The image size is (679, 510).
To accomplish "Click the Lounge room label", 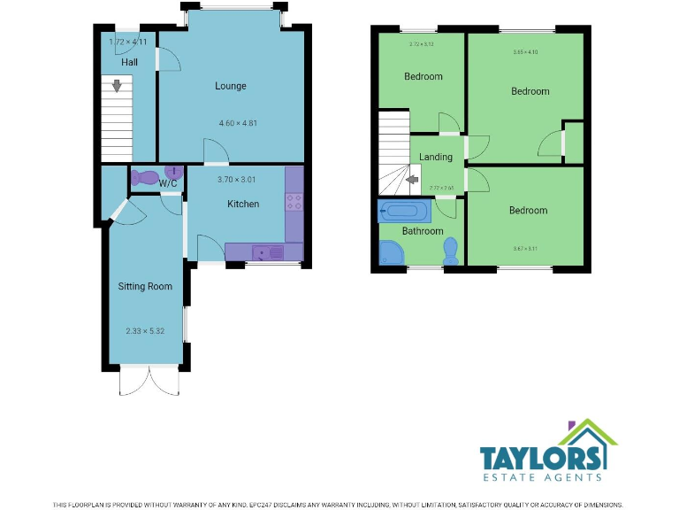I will tap(230, 86).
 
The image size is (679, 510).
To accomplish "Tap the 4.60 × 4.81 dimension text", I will tap(231, 123).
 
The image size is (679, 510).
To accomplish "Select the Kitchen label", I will tap(243, 204).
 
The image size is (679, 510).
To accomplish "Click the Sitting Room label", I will tap(145, 286).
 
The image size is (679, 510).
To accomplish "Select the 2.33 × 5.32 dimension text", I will tap(145, 332).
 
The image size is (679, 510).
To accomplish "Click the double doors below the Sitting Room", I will tap(148, 382).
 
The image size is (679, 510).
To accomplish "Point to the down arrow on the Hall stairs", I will tap(116, 86).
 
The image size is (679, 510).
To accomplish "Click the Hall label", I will tap(130, 63).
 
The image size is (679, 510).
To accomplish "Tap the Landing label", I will tap(436, 157).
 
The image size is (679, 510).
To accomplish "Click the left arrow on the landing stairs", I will tap(411, 181).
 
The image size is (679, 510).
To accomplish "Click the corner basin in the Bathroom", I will tap(389, 253).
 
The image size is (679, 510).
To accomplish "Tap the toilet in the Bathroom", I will tap(451, 251).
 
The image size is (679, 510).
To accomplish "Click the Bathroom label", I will tap(423, 231).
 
